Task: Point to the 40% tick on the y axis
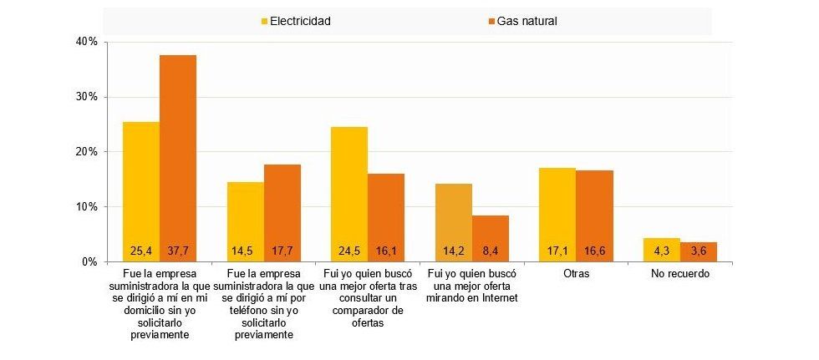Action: [87, 42]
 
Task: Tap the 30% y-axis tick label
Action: [87, 97]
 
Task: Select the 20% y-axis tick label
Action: [87, 152]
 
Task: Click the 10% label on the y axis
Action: [87, 207]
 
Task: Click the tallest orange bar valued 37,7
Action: [178, 159]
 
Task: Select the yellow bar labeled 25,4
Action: [140, 192]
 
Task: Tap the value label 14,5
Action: [245, 249]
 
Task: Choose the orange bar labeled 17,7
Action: [282, 213]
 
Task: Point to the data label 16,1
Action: [386, 249]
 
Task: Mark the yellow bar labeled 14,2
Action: [453, 222]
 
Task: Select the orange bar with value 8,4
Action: [491, 238]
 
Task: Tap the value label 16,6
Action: [594, 249]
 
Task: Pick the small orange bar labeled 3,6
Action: [699, 251]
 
